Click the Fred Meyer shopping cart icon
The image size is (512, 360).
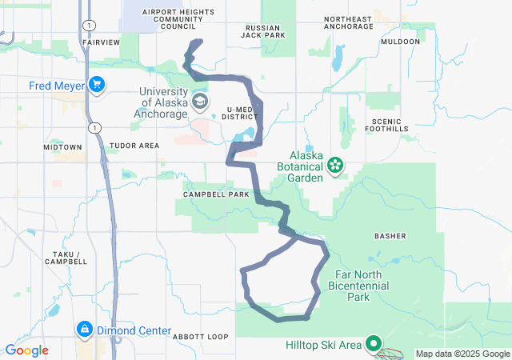click(x=97, y=83)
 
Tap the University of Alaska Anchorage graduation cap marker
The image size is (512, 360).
click(x=198, y=102)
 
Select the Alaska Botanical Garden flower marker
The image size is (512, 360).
click(x=335, y=166)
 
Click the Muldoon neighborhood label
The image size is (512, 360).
click(x=401, y=42)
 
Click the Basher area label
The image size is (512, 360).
click(x=390, y=236)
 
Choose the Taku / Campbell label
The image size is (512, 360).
click(x=66, y=257)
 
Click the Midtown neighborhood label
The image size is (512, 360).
click(x=63, y=147)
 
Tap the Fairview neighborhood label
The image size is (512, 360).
click(x=102, y=42)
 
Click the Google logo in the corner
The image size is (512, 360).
click(x=26, y=350)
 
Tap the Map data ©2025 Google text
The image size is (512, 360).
click(x=462, y=354)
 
